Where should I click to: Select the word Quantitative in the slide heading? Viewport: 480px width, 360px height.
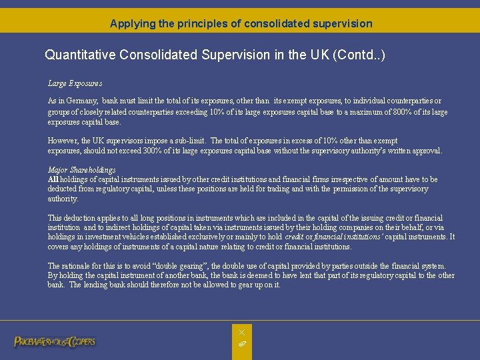80,54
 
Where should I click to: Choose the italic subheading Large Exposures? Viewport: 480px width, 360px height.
75,83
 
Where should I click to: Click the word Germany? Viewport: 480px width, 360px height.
83,101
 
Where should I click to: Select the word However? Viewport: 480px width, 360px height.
63,141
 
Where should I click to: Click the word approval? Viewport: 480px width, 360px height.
427,151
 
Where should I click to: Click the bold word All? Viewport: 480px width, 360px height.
53,179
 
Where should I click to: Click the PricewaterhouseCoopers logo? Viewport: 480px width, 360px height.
55,342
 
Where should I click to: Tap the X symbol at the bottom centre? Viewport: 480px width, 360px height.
241,332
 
